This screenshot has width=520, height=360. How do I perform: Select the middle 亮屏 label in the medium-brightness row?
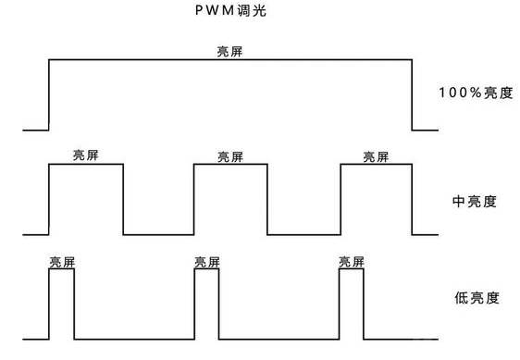coord(229,156)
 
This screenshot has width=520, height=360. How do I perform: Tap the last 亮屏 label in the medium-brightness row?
coord(377,156)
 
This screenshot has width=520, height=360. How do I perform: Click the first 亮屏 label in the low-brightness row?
coord(62,262)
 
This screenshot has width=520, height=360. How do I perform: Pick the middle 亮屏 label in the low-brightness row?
coord(207,262)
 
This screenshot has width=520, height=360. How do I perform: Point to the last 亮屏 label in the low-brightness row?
coord(353,262)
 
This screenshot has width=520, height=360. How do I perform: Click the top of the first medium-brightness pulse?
coord(85,164)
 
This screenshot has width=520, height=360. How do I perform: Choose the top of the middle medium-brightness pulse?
coord(230,164)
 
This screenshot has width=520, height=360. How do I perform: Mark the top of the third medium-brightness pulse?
coord(377,164)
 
